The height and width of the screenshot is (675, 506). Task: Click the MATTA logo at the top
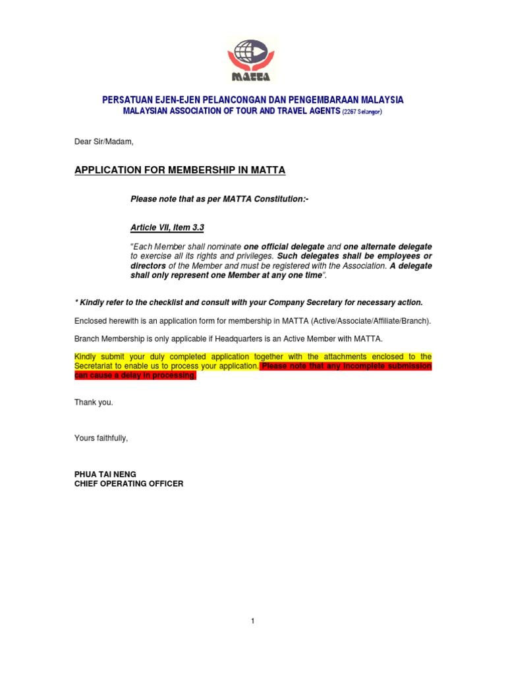(252, 60)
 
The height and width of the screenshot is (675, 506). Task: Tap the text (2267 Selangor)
(362, 112)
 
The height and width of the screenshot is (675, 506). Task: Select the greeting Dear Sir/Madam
(103, 142)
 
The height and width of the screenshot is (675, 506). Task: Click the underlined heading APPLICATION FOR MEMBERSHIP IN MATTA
(180, 170)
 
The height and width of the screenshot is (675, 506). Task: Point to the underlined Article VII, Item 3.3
(167, 227)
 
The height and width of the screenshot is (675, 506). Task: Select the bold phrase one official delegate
(284, 247)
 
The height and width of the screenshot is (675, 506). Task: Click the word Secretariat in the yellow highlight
(95, 366)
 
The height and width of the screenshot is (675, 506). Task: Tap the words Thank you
(94, 402)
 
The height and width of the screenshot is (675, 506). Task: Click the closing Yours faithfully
(101, 438)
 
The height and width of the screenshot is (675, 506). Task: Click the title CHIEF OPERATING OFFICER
(128, 483)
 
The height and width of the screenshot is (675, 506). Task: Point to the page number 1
(252, 621)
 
